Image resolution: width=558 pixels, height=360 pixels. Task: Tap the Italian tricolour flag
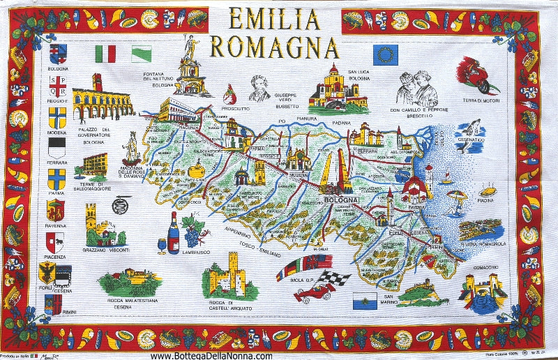point(105,53)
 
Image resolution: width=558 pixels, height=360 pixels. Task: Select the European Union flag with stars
point(385,53)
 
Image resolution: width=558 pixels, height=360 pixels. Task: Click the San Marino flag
point(364,301)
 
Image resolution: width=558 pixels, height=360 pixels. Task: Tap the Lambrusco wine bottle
point(173,234)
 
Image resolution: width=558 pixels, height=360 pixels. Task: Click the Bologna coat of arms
point(58,53)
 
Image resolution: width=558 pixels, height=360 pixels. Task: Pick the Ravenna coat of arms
point(56,210)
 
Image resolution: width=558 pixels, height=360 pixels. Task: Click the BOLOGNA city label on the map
point(342,201)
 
